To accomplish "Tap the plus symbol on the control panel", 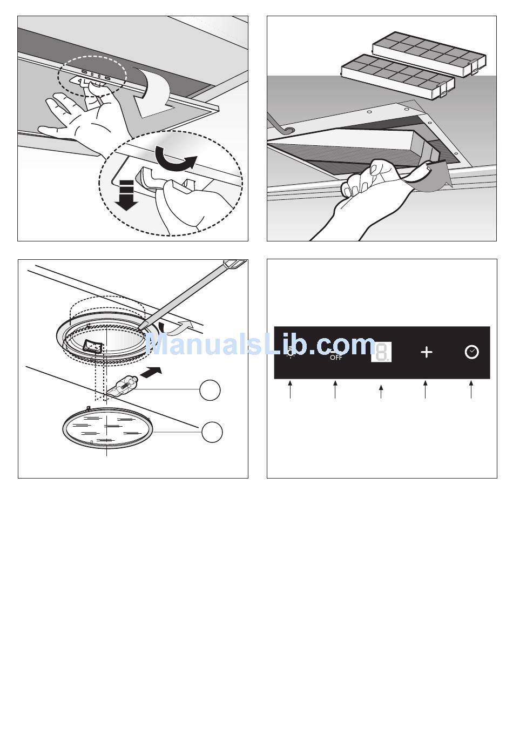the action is point(427,352).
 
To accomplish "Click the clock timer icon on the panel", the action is point(471,352).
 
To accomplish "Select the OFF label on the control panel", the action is point(336,358).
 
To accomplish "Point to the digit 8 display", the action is point(381,352).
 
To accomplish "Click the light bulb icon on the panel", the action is point(291,352).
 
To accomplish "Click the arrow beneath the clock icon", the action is point(471,389).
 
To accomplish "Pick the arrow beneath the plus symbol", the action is point(425,389).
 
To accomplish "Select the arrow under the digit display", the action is point(381,392).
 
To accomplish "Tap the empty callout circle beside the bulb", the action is point(210,390).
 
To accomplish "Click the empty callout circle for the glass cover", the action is point(212,432).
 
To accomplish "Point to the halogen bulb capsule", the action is point(123,386).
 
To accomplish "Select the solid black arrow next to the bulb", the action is point(151,372).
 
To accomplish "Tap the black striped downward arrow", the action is point(127,196).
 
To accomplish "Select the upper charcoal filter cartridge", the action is point(429,54).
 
